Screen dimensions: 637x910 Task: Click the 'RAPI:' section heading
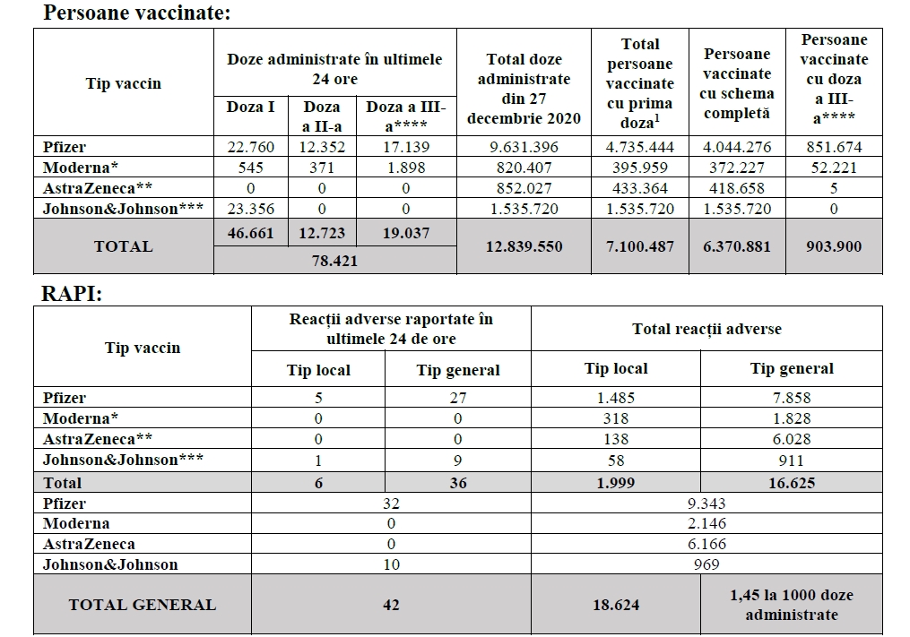(x=73, y=295)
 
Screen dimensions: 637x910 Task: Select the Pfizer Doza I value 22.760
(x=250, y=147)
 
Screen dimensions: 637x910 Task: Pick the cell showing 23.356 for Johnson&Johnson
(x=250, y=209)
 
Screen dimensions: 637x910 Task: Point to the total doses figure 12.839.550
(x=524, y=246)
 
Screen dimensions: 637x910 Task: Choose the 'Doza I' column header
(x=250, y=107)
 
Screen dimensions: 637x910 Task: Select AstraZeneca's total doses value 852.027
(x=524, y=188)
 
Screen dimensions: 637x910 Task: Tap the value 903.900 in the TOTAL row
(x=834, y=246)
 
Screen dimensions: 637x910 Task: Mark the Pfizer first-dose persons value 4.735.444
(x=639, y=147)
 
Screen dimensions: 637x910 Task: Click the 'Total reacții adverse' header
(x=706, y=329)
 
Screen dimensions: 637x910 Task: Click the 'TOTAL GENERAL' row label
(x=143, y=605)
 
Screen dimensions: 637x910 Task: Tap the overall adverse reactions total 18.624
(x=615, y=605)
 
